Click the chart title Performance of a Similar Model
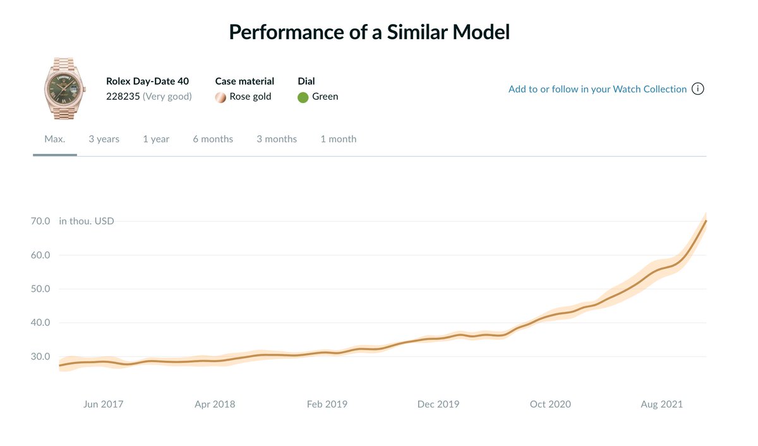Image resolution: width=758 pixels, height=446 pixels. pos(369,32)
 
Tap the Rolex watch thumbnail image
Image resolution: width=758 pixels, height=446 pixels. pos(64,88)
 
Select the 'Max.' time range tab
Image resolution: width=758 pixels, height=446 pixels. pos(55,139)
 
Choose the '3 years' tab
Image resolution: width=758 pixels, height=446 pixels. pos(104,139)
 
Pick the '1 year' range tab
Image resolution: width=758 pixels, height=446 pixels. pos(156,139)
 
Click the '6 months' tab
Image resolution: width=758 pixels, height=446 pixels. pos(213,139)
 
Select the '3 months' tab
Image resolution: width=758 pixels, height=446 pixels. pos(277,139)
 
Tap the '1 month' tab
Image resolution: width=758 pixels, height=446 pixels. pos(339,139)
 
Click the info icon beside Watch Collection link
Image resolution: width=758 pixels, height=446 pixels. pos(698,88)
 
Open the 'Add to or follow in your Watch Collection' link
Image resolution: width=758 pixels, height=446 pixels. pos(598,89)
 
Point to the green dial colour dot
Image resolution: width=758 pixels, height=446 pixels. pos(303,97)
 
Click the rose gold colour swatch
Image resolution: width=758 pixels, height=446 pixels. pos(220,97)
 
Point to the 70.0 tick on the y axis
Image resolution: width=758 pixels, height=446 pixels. pos(40,221)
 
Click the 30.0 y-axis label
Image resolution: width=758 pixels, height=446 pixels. pos(40,356)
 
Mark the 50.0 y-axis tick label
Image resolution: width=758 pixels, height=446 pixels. pos(40,289)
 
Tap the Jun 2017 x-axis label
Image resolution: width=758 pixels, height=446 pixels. pos(103,404)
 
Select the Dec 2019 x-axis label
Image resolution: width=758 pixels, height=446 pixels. pos(438,404)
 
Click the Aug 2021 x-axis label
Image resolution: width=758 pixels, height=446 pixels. pos(661,404)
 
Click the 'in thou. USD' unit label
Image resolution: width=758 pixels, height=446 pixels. pos(87,221)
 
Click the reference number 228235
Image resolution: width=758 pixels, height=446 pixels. pos(123,97)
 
